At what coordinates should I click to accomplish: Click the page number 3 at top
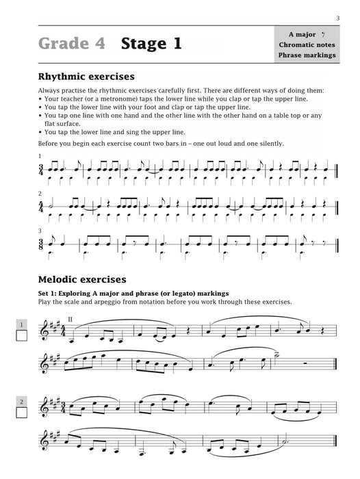[338, 17]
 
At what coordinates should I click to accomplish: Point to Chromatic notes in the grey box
[307, 44]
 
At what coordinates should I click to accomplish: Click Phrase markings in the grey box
[307, 55]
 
